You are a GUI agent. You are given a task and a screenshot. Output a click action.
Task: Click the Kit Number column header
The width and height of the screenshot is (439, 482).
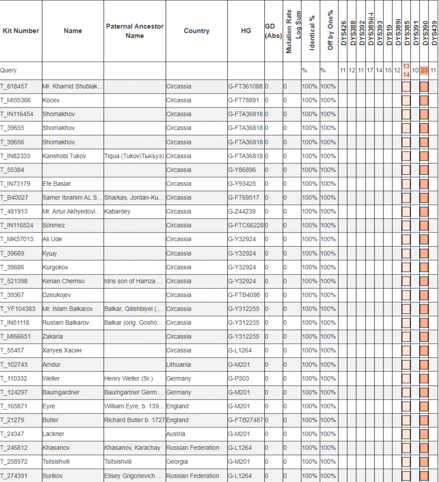[x=21, y=31]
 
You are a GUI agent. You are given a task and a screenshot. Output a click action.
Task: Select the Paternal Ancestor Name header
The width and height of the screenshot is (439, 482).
[x=135, y=31]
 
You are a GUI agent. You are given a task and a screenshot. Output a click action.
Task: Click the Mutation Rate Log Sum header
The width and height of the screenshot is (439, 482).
[x=293, y=31]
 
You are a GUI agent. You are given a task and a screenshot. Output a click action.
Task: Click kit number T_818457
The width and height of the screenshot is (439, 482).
[x=14, y=86]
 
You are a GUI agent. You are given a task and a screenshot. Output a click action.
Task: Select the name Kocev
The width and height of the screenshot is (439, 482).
[x=51, y=100]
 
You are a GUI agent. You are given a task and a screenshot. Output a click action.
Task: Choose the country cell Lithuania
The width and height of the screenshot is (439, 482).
[x=179, y=364]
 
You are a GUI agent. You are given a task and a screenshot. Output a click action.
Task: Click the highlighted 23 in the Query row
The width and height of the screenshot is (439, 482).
[x=424, y=71]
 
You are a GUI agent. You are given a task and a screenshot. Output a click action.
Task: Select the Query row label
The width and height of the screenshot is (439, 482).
[x=8, y=70]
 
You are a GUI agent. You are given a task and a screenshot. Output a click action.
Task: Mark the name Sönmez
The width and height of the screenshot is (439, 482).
[x=54, y=225]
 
